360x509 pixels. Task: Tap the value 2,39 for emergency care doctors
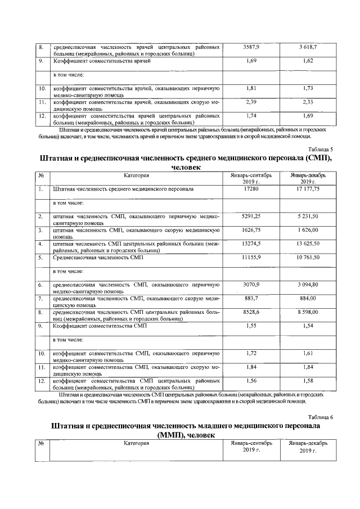252,102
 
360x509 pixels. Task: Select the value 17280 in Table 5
252,190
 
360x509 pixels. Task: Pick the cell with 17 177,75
308,190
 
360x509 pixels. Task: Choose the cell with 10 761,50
308,257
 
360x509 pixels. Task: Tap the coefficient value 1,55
252,326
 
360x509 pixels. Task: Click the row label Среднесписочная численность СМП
98,257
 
